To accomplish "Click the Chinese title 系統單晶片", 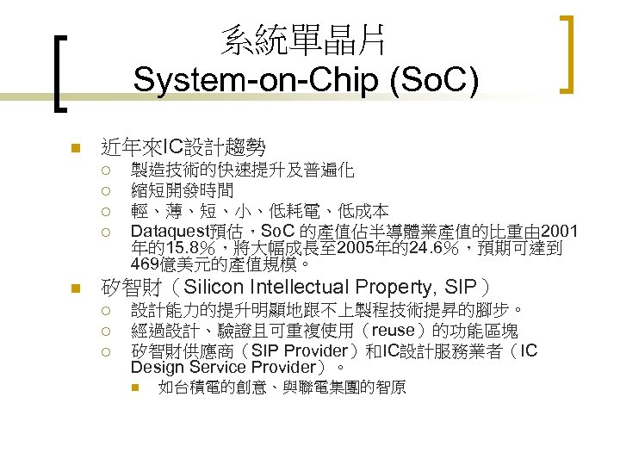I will click(303, 40).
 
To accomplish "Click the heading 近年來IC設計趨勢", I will click(183, 147).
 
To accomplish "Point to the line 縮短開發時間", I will click(182, 190).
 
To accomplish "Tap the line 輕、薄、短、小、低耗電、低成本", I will click(259, 211).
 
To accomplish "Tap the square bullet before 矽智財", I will click(75, 288).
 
